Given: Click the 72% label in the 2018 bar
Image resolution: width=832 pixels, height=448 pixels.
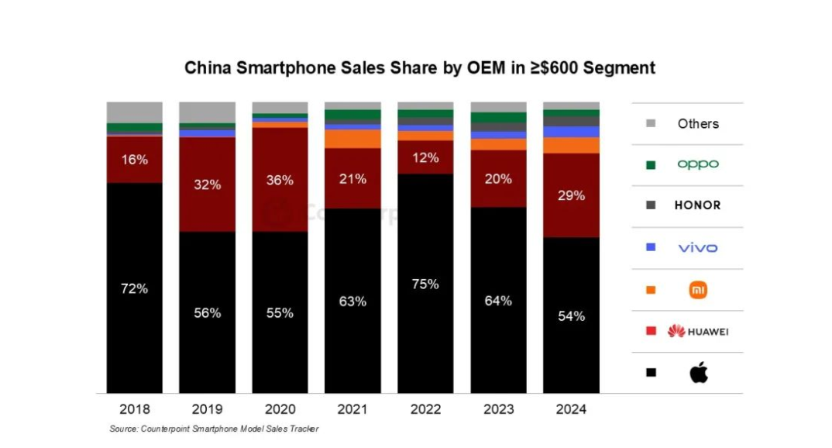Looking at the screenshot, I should pyautogui.click(x=134, y=288).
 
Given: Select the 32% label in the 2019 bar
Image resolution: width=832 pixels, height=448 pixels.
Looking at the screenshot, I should pyautogui.click(x=208, y=184).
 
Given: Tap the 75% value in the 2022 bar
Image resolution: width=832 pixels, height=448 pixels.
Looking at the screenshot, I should pyautogui.click(x=425, y=284).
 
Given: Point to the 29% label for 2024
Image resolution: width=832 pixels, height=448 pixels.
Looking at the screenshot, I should pyautogui.click(x=571, y=196).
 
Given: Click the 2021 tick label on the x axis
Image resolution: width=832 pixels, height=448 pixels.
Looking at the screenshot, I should pyautogui.click(x=352, y=408).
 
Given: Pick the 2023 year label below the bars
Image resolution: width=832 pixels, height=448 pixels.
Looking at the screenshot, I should pyautogui.click(x=498, y=408).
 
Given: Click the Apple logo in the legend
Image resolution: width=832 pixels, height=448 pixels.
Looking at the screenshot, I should pyautogui.click(x=698, y=373).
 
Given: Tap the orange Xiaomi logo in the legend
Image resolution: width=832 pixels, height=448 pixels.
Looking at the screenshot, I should pyautogui.click(x=698, y=290).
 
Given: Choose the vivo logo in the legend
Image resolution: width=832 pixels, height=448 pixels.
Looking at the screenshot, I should pyautogui.click(x=698, y=248).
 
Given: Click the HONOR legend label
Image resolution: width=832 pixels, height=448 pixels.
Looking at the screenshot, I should pyautogui.click(x=698, y=205).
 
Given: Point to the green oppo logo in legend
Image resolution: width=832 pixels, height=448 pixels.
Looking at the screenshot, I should pyautogui.click(x=698, y=164).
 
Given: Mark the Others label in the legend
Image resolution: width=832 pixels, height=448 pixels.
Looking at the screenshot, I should pyautogui.click(x=698, y=123).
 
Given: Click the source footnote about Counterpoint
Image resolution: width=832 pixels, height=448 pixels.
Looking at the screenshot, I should pyautogui.click(x=214, y=429).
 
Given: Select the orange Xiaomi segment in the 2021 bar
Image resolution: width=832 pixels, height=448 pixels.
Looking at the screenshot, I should pyautogui.click(x=352, y=139).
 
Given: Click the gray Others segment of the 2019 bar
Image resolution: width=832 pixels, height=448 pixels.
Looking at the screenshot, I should pyautogui.click(x=208, y=112).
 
